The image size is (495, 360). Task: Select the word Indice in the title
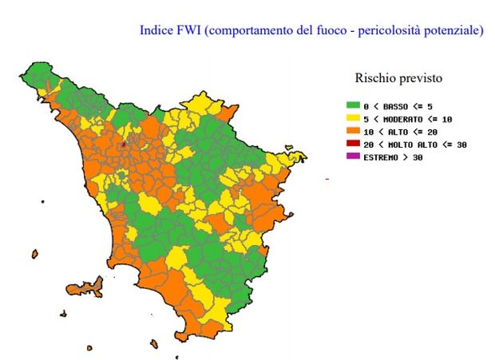pyautogui.click(x=156, y=31)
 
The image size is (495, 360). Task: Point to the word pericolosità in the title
pyautogui.click(x=402, y=31)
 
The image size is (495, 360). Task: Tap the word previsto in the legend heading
pyautogui.click(x=421, y=79)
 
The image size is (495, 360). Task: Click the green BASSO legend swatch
pyautogui.click(x=352, y=105)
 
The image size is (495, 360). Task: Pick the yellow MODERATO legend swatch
pyautogui.click(x=352, y=117)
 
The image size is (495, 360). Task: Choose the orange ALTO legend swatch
pyautogui.click(x=352, y=130)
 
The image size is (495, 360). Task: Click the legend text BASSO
pyautogui.click(x=398, y=105)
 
